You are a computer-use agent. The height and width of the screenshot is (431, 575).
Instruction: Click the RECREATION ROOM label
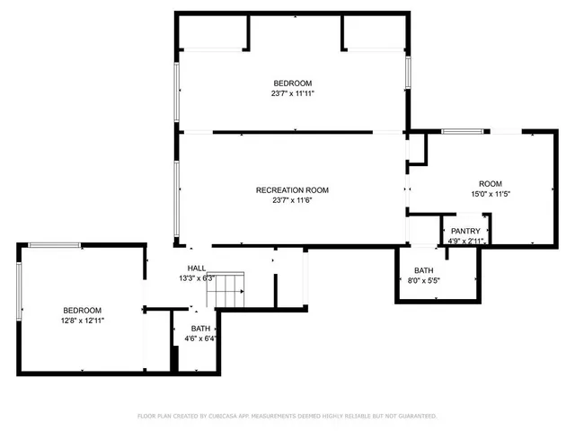tap(292, 190)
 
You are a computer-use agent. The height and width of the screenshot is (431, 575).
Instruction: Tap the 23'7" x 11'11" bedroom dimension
tap(292, 92)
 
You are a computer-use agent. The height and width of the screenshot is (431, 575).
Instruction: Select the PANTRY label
tap(465, 231)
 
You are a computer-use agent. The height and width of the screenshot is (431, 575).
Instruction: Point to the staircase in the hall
tap(231, 288)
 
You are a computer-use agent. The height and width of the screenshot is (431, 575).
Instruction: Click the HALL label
tap(196, 268)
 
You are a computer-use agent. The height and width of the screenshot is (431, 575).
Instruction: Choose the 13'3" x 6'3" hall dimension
tap(196, 278)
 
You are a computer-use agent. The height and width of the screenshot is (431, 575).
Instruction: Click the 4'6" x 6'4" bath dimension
tap(200, 339)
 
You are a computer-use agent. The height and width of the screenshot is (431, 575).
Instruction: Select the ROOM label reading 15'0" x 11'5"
tap(490, 183)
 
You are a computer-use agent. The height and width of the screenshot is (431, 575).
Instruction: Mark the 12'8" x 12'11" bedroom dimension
tap(82, 320)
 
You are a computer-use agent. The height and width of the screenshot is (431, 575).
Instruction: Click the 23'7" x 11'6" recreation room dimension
tap(292, 200)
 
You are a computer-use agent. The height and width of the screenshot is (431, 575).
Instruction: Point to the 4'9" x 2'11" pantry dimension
tap(465, 241)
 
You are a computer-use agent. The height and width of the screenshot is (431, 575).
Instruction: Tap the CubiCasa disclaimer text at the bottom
tap(287, 416)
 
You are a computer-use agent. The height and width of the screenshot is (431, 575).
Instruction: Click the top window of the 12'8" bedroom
tap(54, 245)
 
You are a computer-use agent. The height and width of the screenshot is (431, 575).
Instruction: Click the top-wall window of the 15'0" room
tap(462, 132)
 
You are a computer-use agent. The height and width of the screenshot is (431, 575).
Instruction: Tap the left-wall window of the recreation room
tap(178, 190)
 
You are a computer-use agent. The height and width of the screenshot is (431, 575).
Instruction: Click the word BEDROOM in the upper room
tap(292, 83)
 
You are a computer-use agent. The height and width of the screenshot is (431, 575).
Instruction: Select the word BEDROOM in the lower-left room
tap(82, 310)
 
